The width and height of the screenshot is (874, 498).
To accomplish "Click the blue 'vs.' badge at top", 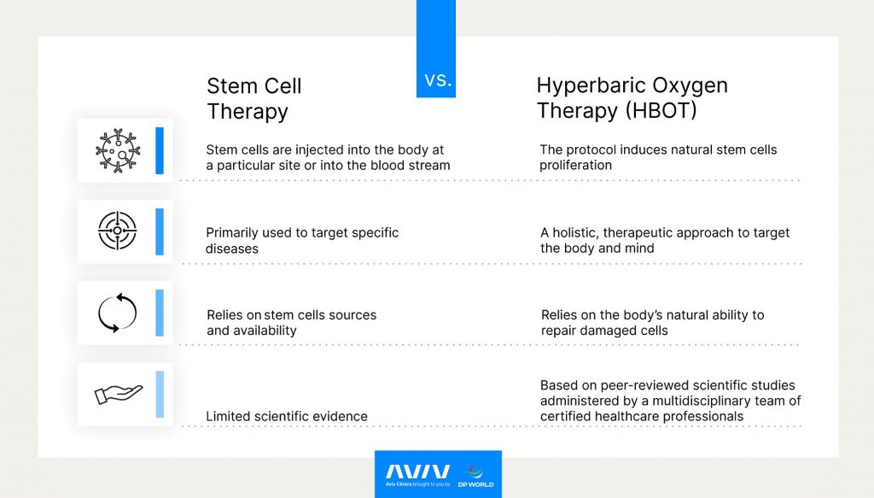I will pyautogui.click(x=436, y=81).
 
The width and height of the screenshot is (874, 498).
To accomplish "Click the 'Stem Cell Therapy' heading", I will pyautogui.click(x=253, y=98).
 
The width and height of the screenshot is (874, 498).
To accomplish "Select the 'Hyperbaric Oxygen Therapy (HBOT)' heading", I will pyautogui.click(x=632, y=98).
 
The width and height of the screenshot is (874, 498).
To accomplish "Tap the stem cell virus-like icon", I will pyautogui.click(x=117, y=150).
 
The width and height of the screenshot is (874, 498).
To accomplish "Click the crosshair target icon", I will pyautogui.click(x=117, y=231).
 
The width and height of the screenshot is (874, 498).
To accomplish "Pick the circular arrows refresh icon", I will pyautogui.click(x=117, y=313).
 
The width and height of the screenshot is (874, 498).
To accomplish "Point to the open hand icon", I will pyautogui.click(x=117, y=394).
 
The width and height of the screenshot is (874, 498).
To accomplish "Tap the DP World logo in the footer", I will pyautogui.click(x=476, y=474).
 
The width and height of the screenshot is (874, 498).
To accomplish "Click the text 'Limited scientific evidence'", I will pyautogui.click(x=287, y=417).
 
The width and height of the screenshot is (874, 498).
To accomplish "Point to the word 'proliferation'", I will pyautogui.click(x=575, y=165).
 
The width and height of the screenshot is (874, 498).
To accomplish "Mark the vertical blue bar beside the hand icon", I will pyautogui.click(x=160, y=394).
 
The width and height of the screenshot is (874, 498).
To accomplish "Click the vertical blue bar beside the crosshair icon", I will pyautogui.click(x=160, y=231).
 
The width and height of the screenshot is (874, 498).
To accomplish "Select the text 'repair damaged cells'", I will pyautogui.click(x=604, y=331).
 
